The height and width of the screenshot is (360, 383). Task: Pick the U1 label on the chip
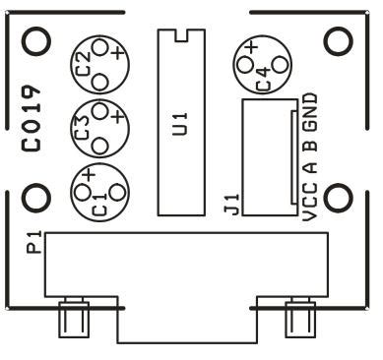(x=179, y=125)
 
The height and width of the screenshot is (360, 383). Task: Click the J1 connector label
(x=232, y=205)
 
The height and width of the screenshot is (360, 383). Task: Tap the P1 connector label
(x=33, y=241)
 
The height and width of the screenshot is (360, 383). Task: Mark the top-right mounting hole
(x=338, y=39)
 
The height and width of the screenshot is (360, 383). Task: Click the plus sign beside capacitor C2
(x=116, y=53)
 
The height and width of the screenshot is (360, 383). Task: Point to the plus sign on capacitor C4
(x=251, y=47)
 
